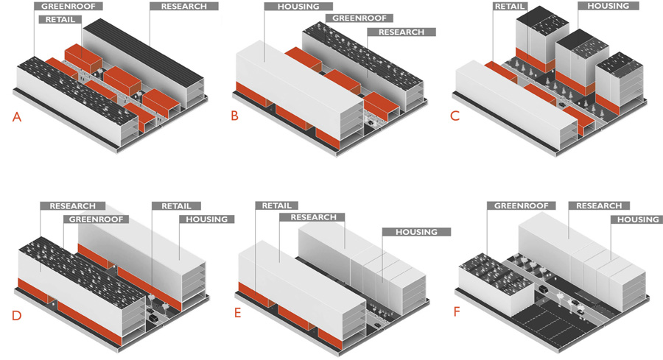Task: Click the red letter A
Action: pyautogui.click(x=16, y=117)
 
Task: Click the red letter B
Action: pyautogui.click(x=234, y=117)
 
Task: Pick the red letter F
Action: pyautogui.click(x=457, y=311)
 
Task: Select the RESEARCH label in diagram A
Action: pyautogui.click(x=183, y=7)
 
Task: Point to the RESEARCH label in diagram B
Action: pyautogui.click(x=401, y=32)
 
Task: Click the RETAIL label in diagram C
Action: pyautogui.click(x=510, y=7)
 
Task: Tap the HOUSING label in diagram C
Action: pyautogui.click(x=608, y=7)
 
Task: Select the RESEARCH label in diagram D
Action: pyautogui.click(x=73, y=206)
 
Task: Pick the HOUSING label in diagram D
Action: pyautogui.click(x=207, y=219)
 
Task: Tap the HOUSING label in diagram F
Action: pyautogui.click(x=637, y=219)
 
